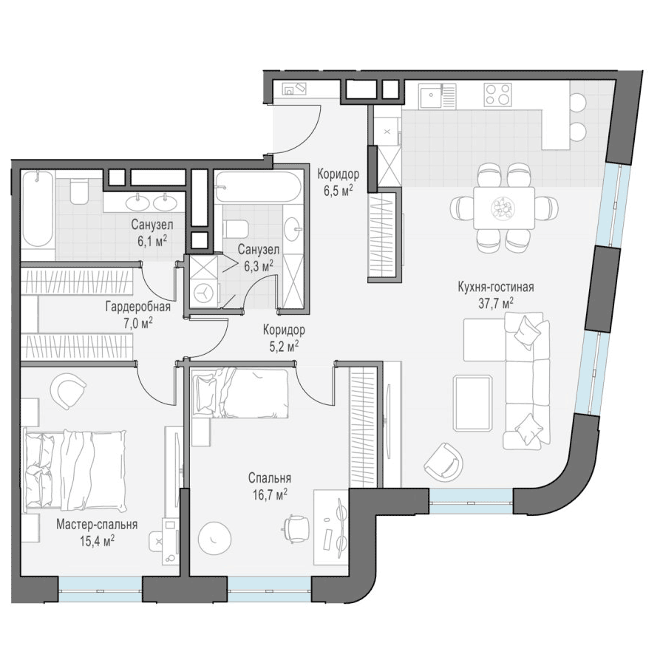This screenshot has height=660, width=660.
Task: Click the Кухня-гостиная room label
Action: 496,288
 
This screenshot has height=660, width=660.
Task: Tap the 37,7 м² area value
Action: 496,303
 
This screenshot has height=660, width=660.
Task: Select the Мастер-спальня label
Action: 97,525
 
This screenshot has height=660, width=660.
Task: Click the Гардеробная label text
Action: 138,307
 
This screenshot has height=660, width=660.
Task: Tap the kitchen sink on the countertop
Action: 431,95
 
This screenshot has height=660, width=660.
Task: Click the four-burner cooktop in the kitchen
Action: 497,95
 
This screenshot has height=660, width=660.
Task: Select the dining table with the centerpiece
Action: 504,208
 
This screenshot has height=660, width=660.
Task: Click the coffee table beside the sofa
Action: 473,403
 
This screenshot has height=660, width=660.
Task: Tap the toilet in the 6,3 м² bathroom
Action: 236,228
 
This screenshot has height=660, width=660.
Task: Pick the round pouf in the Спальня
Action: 214,538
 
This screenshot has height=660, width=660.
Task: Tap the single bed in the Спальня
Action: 240,393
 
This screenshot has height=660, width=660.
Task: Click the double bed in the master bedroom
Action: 76,469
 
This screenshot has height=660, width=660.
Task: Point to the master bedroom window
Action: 101,589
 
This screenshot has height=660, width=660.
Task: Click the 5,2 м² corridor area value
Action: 284,346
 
